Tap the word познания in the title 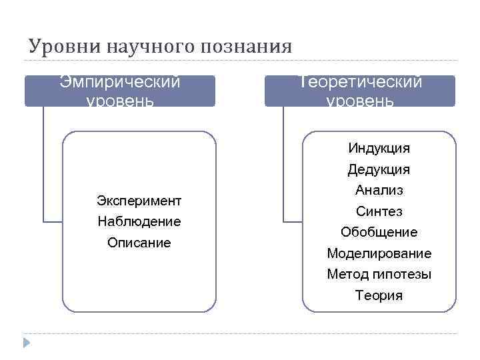coord(246,47)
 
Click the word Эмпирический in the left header coord(120,82)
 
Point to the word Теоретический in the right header coord(360,82)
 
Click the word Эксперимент coord(139,200)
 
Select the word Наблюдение coord(139,221)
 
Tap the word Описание coord(139,243)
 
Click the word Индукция coord(379,147)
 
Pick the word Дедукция coord(379,169)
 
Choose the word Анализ coord(379,190)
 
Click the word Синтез coord(379,211)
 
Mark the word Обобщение coord(379,232)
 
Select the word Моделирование coord(379,253)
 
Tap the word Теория coord(379,295)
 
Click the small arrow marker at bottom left coord(26,343)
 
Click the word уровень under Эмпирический coord(120,101)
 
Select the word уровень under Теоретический coord(360,101)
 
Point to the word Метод coord(344,274)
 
